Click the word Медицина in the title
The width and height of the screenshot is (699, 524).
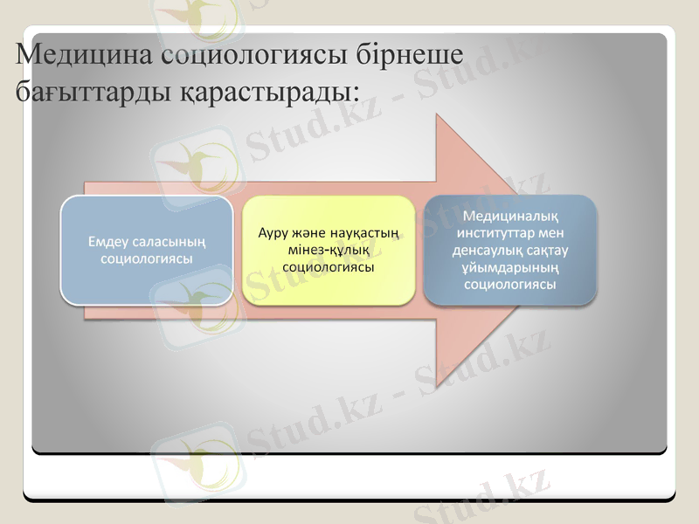point(83,56)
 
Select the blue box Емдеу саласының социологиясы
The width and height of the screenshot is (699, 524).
point(146,250)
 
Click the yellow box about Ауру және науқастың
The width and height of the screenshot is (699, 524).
point(329,250)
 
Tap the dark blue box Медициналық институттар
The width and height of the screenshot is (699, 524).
point(511,250)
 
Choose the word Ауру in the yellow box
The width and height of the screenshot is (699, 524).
point(273,233)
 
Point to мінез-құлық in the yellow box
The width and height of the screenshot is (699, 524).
point(329,250)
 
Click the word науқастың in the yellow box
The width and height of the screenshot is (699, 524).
point(367,233)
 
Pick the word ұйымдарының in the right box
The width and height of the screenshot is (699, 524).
point(511,266)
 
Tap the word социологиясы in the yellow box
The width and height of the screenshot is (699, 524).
point(329,266)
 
